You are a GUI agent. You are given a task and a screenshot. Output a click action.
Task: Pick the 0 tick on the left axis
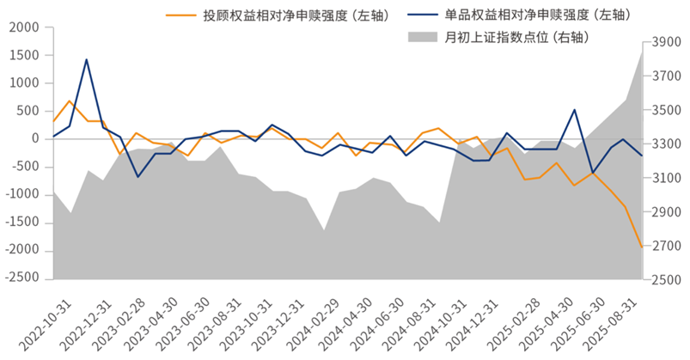pos(36,139)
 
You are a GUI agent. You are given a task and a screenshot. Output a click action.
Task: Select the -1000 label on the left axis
pos(25,195)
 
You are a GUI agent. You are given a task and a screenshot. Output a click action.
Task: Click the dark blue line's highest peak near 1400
pos(87,59)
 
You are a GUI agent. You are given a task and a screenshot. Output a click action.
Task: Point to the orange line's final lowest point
pos(641,247)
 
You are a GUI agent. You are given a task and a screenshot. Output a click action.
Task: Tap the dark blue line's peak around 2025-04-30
pos(574,110)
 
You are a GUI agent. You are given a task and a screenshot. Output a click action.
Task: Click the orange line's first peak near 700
pos(70,101)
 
